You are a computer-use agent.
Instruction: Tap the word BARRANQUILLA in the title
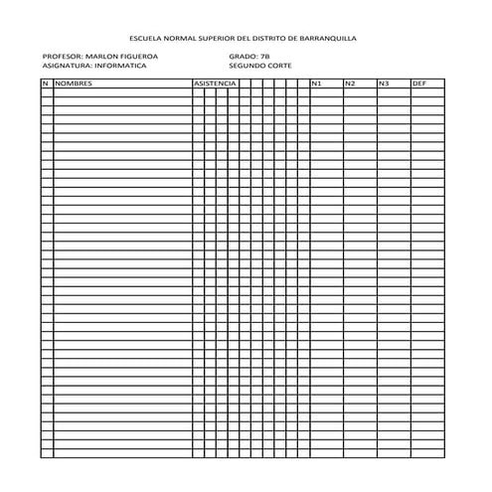coord(327,37)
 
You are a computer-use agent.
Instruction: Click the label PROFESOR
coord(63,57)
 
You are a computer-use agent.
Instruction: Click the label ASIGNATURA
coord(67,66)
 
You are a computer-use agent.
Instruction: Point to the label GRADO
coord(241,57)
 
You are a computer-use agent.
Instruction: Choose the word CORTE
coord(281,66)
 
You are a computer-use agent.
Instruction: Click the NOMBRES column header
coord(74,82)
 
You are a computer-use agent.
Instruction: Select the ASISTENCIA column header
coord(214,82)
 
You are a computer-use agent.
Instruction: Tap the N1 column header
coord(316,82)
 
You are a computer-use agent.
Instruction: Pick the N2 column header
coord(350,82)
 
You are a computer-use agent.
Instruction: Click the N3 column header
coord(384,82)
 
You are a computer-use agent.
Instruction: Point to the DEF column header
coord(418,82)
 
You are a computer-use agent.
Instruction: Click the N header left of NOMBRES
coord(45,82)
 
